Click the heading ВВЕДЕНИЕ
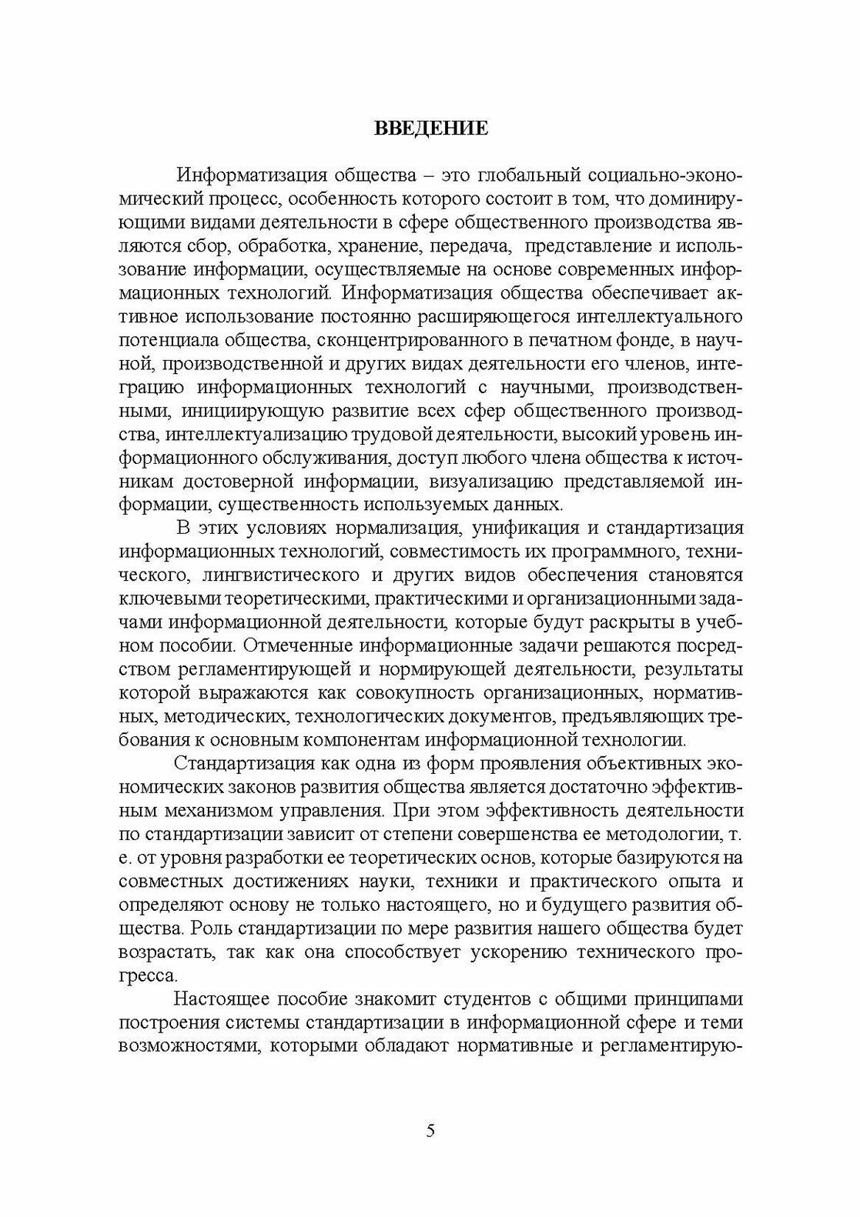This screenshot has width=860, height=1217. click(430, 128)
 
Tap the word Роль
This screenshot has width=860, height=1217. click(207, 928)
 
